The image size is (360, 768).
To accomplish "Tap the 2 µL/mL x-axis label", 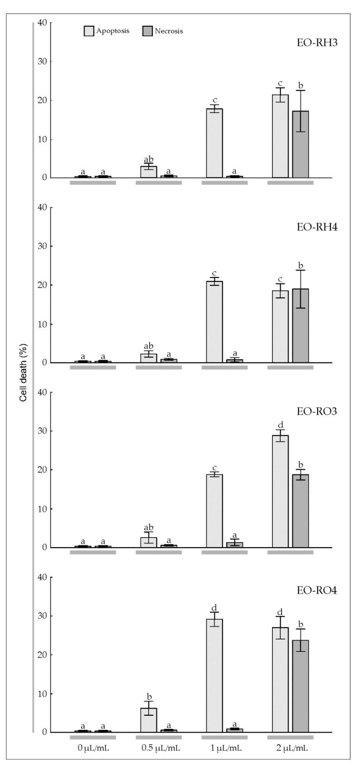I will click(x=290, y=748).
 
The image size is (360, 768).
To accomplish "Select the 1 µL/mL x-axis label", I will click(x=225, y=748).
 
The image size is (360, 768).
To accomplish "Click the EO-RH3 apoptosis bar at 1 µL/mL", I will click(x=214, y=143).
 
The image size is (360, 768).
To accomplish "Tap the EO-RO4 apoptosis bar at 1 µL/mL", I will click(x=214, y=675).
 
